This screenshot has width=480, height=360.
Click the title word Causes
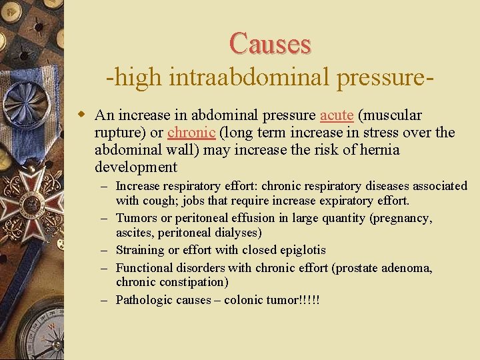coord(270,43)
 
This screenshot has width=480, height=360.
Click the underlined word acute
coord(337,115)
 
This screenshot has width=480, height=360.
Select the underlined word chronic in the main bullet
coord(191,132)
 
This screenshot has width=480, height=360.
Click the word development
coord(136,167)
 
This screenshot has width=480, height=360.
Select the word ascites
coord(135,233)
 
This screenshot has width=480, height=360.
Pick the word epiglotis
coord(301,250)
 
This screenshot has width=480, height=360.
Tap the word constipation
coord(192,282)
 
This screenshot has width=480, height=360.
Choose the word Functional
coord(145,268)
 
